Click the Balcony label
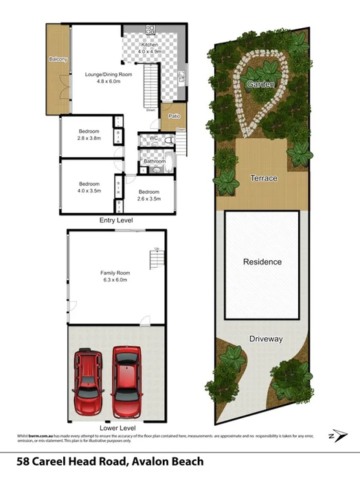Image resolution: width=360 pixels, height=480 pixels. coord(58,60)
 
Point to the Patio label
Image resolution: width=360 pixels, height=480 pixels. coord(175,116)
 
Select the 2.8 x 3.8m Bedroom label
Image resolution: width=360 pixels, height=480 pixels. coord(89,135)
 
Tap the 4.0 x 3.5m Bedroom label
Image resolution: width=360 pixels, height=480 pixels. coord(89,187)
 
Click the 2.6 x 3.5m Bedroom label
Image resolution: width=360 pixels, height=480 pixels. coord(149,195)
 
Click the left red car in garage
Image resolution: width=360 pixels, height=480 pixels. coord(87,378)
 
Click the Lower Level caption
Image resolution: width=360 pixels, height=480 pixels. coord(115,426)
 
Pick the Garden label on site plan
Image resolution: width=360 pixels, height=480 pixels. coord(262,84)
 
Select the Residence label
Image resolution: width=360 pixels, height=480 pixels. coord(262,262)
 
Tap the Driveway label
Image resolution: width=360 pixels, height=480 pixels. coord(266,339)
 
